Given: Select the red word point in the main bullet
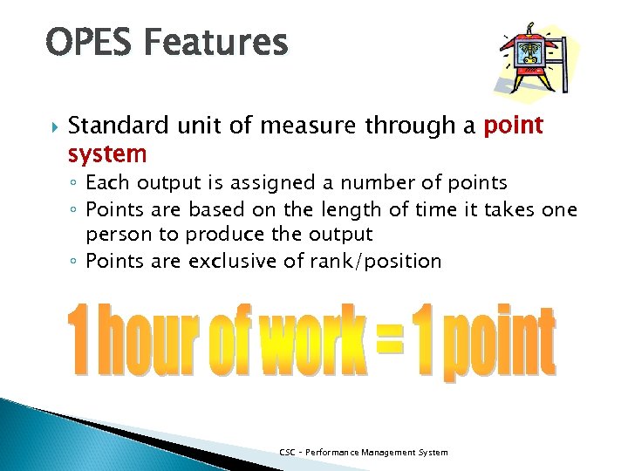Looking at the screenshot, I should pos(513,126).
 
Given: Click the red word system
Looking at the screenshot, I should pos(107,154).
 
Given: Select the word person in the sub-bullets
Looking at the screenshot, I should pos(118,234).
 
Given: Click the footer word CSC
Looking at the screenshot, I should pos(287,452).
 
